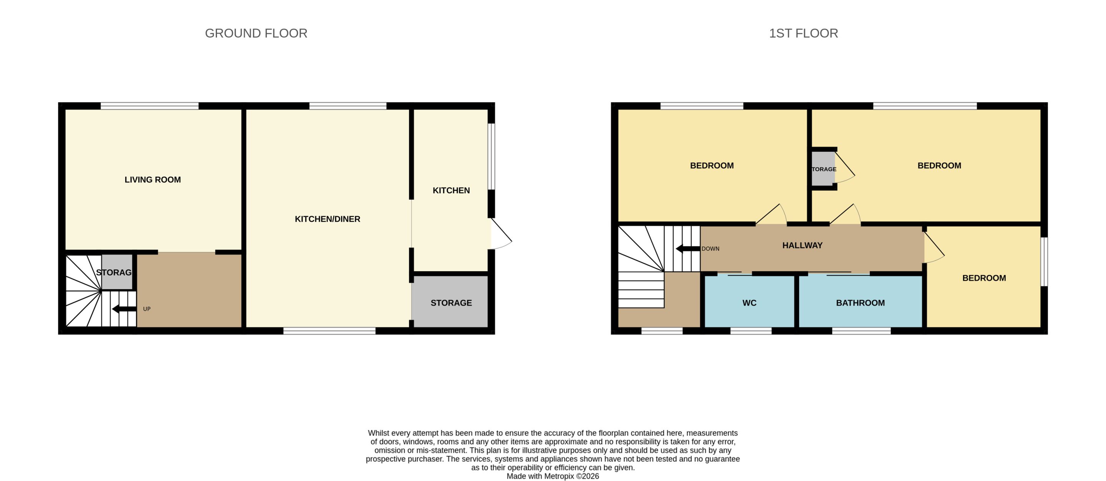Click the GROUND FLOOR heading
point(256,33)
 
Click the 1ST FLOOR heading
point(803,33)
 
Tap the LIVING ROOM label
point(152,179)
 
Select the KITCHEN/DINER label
point(327,219)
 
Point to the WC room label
point(749,303)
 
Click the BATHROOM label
point(860,303)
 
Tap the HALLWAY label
point(802,245)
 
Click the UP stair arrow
point(124,309)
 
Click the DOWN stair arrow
point(688,249)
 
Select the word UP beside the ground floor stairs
point(147,309)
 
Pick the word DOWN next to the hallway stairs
point(710,249)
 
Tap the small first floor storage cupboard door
point(844,168)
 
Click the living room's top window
point(150,106)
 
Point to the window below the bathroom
point(861,331)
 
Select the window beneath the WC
point(751,331)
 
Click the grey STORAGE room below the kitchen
point(450,302)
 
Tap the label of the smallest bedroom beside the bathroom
point(984,278)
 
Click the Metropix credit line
point(553,476)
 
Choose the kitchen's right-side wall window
point(492,156)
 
